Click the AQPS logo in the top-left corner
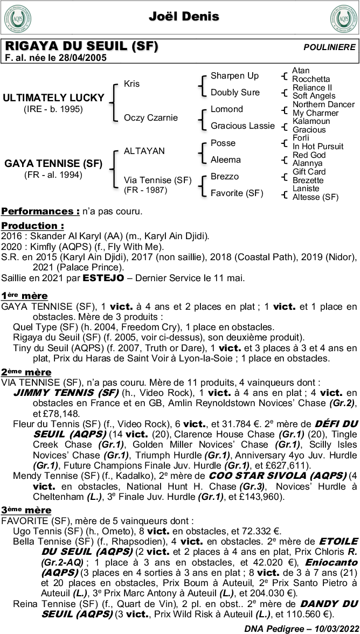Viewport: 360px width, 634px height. pyautogui.click(x=17, y=18)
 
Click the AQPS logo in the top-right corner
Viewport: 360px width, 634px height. pyautogui.click(x=343, y=18)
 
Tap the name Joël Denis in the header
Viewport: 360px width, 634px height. pyautogui.click(x=184, y=17)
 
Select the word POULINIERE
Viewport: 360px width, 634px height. pyautogui.click(x=329, y=47)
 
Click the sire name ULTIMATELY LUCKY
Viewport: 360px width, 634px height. pyautogui.click(x=53, y=98)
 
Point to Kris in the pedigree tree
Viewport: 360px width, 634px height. pyautogui.click(x=131, y=84)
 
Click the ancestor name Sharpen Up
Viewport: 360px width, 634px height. pyautogui.click(x=234, y=75)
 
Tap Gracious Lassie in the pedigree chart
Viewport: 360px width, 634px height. pyautogui.click(x=243, y=126)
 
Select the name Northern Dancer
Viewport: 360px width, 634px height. pyautogui.click(x=323, y=104)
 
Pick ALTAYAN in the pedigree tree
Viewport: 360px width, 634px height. pyautogui.click(x=144, y=151)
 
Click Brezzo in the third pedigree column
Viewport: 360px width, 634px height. pyautogui.click(x=224, y=176)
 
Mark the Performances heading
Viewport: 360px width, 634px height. pyautogui.click(x=40, y=211)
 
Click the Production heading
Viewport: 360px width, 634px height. pyautogui.click(x=32, y=226)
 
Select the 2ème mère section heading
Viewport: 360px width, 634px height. pyautogui.click(x=26, y=372)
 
